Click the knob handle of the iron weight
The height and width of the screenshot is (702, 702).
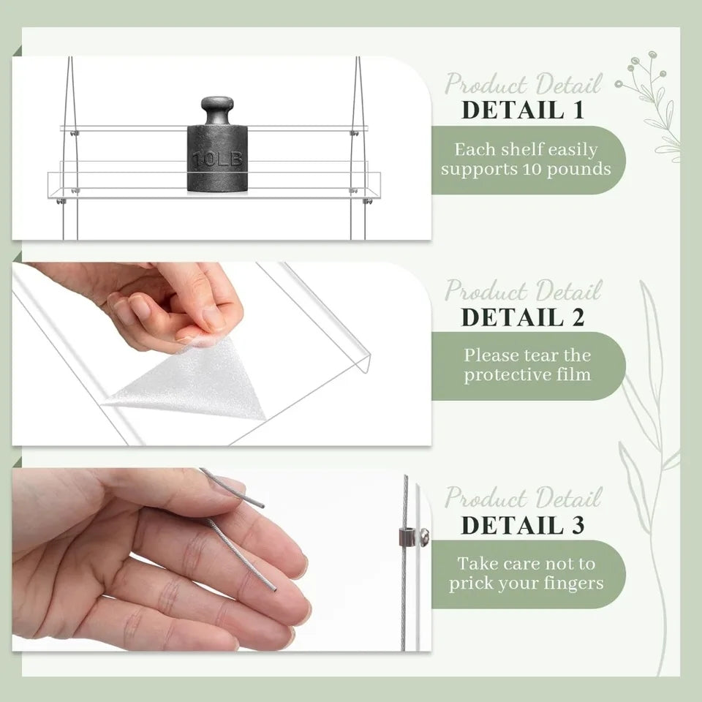click(x=217, y=110)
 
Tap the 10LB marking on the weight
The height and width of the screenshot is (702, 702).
click(x=218, y=159)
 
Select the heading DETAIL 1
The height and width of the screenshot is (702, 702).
click(x=523, y=110)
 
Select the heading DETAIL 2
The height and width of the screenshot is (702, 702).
click(x=523, y=317)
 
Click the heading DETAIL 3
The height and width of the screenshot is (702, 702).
click(x=523, y=525)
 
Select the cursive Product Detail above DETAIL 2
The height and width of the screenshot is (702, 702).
click(x=523, y=290)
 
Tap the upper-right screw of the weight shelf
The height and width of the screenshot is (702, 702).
click(x=355, y=133)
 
